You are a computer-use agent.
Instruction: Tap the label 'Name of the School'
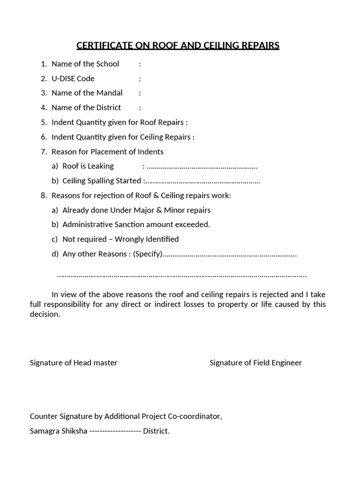pos(85,64)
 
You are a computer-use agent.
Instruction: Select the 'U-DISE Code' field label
pos(73,78)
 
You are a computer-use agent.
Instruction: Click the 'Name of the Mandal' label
pos(87,93)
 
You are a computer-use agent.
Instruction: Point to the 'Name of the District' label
pos(86,107)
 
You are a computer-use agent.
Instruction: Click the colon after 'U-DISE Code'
pos(140,78)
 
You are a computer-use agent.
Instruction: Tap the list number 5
pos(44,122)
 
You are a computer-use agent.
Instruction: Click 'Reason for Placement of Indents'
pos(107,151)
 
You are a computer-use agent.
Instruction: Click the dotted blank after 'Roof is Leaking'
pos(202,166)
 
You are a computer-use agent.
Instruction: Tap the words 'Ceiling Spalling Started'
pos(102,181)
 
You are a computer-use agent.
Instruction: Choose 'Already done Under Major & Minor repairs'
pos(136,210)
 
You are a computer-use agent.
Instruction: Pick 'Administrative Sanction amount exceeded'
pos(136,225)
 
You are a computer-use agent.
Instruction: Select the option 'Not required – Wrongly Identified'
pos(120,239)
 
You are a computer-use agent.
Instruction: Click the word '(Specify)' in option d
pos(148,254)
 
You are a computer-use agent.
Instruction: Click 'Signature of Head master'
pos(74,363)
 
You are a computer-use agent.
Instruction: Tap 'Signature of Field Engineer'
pos(255,363)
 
